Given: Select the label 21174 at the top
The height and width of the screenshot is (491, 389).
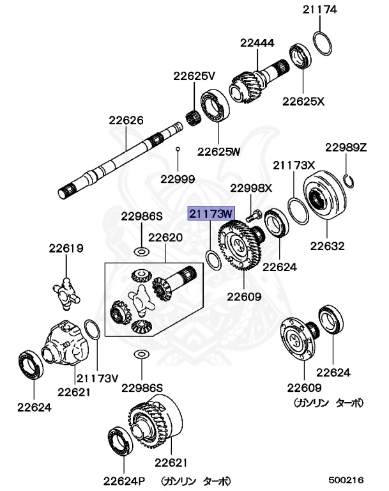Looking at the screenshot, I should (x=319, y=10).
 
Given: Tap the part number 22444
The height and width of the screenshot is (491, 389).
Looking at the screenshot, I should (x=257, y=43).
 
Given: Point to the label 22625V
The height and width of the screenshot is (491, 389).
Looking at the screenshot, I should (x=195, y=75).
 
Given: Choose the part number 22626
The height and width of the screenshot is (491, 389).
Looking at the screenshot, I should (x=125, y=120).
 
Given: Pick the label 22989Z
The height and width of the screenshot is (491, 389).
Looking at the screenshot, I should (x=346, y=147).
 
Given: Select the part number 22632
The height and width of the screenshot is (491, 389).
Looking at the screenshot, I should (x=328, y=245).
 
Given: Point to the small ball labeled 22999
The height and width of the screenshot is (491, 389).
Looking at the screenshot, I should (x=178, y=149).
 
